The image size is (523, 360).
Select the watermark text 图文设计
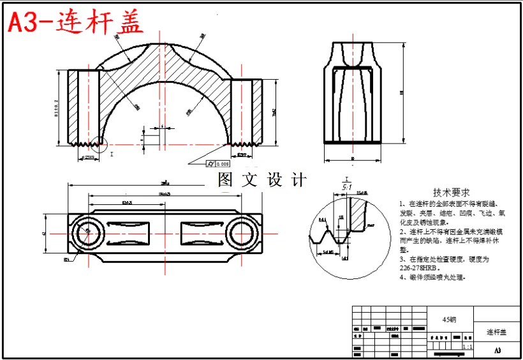(261, 180)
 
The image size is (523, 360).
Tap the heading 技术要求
(452, 192)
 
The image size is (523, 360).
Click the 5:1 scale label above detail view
(347, 187)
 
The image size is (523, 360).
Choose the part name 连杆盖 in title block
(496, 332)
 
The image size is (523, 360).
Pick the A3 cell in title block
(497, 350)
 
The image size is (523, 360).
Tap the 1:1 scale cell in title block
(468, 347)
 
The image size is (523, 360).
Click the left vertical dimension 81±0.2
(56, 109)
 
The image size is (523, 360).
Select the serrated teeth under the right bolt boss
(246, 144)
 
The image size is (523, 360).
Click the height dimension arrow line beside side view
(404, 93)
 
